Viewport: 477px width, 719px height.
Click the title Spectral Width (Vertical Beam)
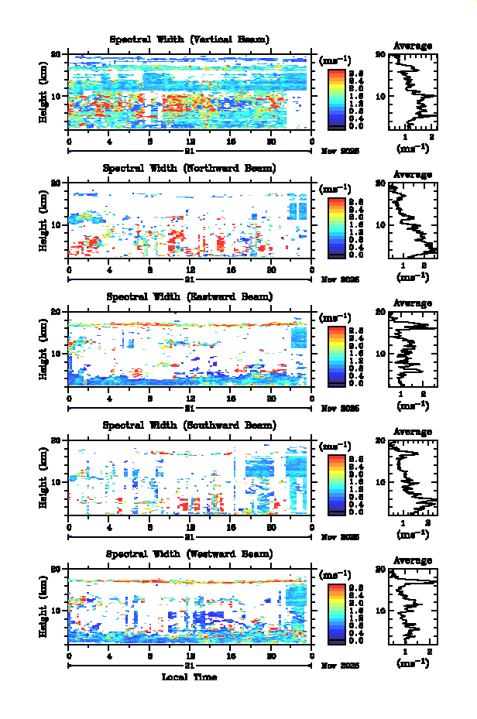pyautogui.click(x=190, y=39)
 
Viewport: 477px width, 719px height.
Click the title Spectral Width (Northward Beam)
pyautogui.click(x=190, y=168)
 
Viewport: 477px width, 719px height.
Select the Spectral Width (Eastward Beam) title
pyautogui.click(x=190, y=296)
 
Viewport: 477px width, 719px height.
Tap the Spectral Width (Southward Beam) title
pyautogui.click(x=190, y=425)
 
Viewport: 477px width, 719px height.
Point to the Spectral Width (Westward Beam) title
pyautogui.click(x=190, y=553)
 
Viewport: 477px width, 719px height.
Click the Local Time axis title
pyautogui.click(x=190, y=677)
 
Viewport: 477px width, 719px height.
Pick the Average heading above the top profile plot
pyautogui.click(x=413, y=46)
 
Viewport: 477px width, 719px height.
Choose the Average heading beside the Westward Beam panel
pyautogui.click(x=413, y=561)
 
